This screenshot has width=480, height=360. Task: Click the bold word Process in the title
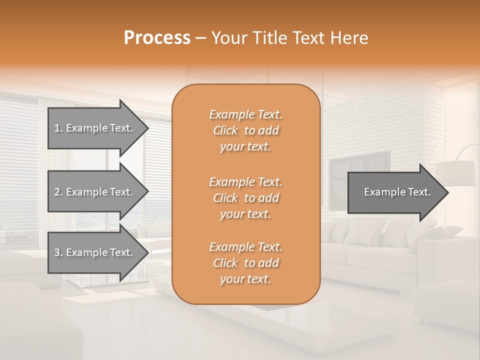click(x=157, y=38)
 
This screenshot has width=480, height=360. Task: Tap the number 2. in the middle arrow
click(x=58, y=192)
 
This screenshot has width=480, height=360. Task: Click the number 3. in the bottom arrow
click(x=58, y=252)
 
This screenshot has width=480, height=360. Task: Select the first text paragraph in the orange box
click(x=245, y=130)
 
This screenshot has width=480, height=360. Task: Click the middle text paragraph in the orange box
click(x=245, y=197)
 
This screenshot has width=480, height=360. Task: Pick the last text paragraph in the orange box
click(x=245, y=263)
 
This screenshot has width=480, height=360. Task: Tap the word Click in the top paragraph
click(x=225, y=130)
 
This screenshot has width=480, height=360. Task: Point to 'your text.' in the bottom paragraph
click(x=245, y=279)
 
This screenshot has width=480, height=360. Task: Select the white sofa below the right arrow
click(x=380, y=250)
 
